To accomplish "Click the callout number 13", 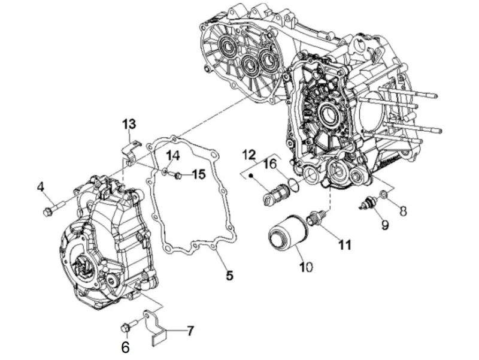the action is (129, 125).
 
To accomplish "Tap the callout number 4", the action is (41, 187).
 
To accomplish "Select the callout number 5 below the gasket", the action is (229, 276).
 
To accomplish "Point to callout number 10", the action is (306, 267).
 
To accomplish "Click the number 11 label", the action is (345, 244).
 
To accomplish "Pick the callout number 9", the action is (384, 225).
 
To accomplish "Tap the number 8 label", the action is (403, 211).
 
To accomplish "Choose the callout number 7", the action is (190, 331).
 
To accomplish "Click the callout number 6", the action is (125, 347).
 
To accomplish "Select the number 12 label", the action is (249, 155).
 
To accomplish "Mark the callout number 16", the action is (270, 164).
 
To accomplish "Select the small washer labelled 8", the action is (384, 193).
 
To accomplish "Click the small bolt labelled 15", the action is (177, 176).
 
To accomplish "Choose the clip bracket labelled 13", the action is (130, 152).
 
